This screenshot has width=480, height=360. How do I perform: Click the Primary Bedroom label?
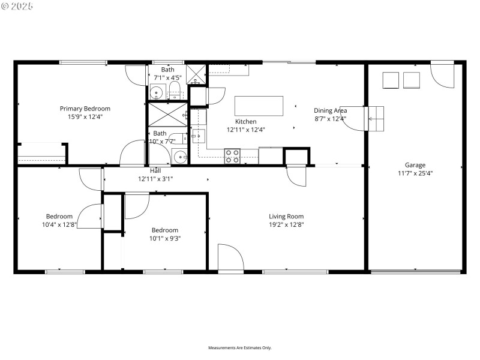point(85,109)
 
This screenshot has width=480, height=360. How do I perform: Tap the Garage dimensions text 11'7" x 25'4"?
point(415,173)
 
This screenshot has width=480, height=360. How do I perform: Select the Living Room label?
point(286,217)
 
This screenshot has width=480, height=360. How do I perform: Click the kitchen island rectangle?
point(259,106)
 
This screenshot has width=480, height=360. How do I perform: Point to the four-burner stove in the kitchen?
point(232,156)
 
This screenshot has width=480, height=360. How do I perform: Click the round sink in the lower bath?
point(180,157)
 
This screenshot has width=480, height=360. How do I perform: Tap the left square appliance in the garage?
point(391,80)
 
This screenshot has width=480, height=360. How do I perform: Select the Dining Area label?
point(330,110)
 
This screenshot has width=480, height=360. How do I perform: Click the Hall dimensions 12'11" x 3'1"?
point(155,179)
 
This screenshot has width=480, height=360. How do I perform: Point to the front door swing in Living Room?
point(230,258)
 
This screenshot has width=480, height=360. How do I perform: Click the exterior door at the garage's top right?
point(443,74)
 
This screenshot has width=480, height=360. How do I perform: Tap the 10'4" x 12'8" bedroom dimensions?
point(59,225)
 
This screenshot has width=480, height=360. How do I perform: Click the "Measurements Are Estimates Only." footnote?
point(240,347)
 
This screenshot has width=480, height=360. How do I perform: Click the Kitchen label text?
point(245,121)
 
